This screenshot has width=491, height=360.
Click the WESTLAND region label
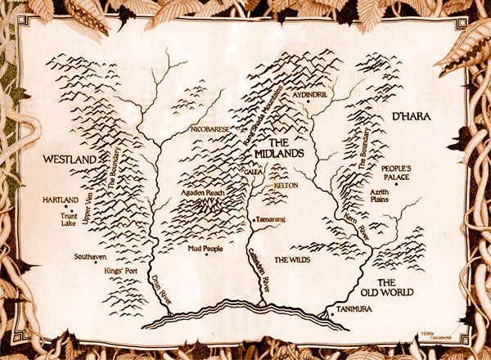pyautogui.click(x=66, y=157)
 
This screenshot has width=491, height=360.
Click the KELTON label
pyautogui.click(x=282, y=187)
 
